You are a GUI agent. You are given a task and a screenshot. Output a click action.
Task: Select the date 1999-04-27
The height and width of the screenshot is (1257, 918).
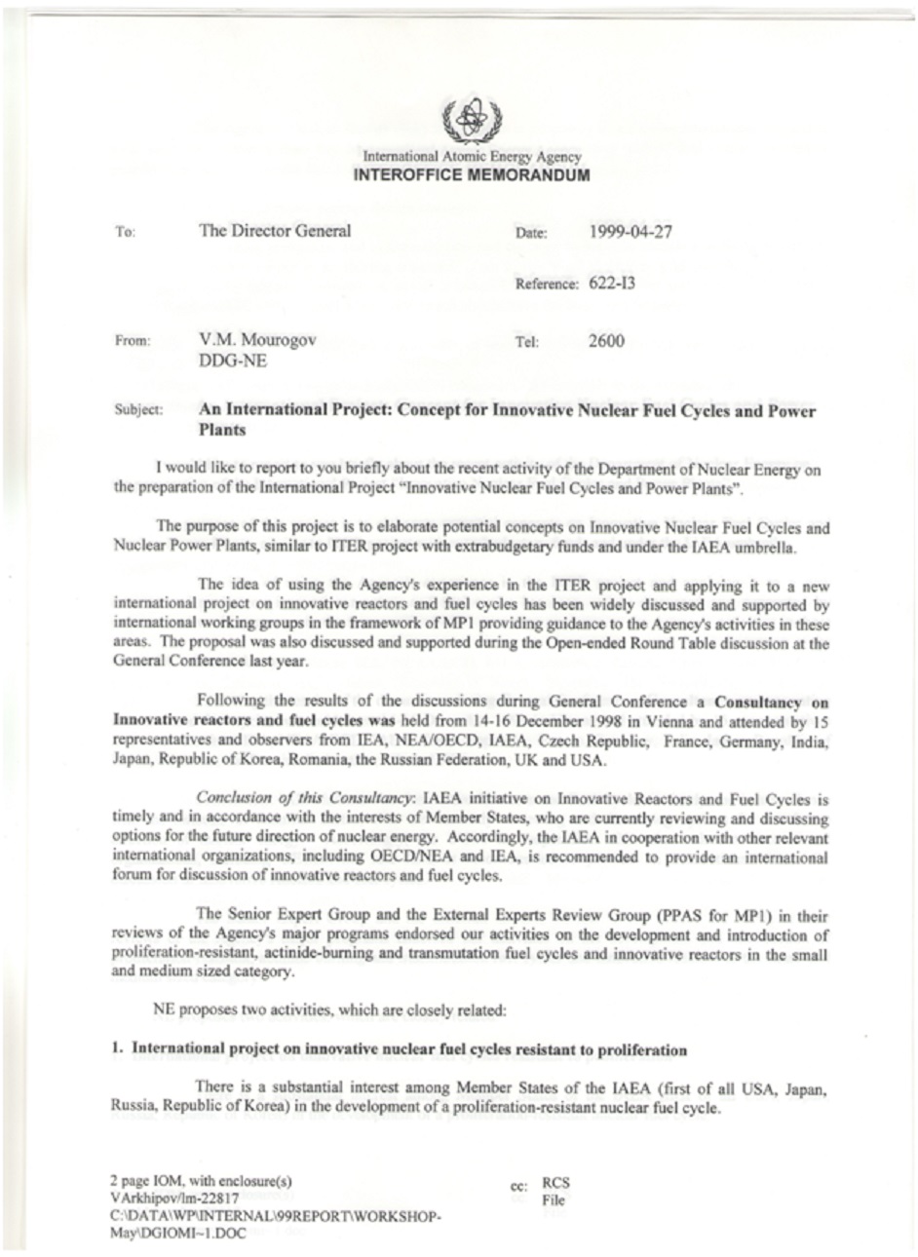point(631,232)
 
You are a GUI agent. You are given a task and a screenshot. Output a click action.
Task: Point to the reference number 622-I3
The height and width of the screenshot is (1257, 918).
point(613,285)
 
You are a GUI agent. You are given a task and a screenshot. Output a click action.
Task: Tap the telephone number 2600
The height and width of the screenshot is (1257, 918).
point(606,341)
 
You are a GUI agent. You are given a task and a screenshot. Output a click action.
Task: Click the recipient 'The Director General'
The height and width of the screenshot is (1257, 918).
point(275,232)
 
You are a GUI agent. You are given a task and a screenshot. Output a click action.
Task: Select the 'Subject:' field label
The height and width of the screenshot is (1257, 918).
point(138,412)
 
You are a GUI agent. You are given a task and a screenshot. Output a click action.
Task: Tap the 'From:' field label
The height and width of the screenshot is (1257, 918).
point(132,342)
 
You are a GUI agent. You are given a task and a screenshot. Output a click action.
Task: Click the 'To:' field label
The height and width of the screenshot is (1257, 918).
point(124,234)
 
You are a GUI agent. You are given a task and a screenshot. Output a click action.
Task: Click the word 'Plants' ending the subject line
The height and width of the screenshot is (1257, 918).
point(222,430)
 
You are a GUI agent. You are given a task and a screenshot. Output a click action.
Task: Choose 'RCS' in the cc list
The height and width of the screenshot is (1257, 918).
point(555,1184)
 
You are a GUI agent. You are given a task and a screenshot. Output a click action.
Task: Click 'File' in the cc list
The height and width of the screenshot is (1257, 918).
point(553,1200)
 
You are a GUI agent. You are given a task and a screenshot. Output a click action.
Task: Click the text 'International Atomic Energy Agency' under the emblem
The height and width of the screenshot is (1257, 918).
point(472,157)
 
